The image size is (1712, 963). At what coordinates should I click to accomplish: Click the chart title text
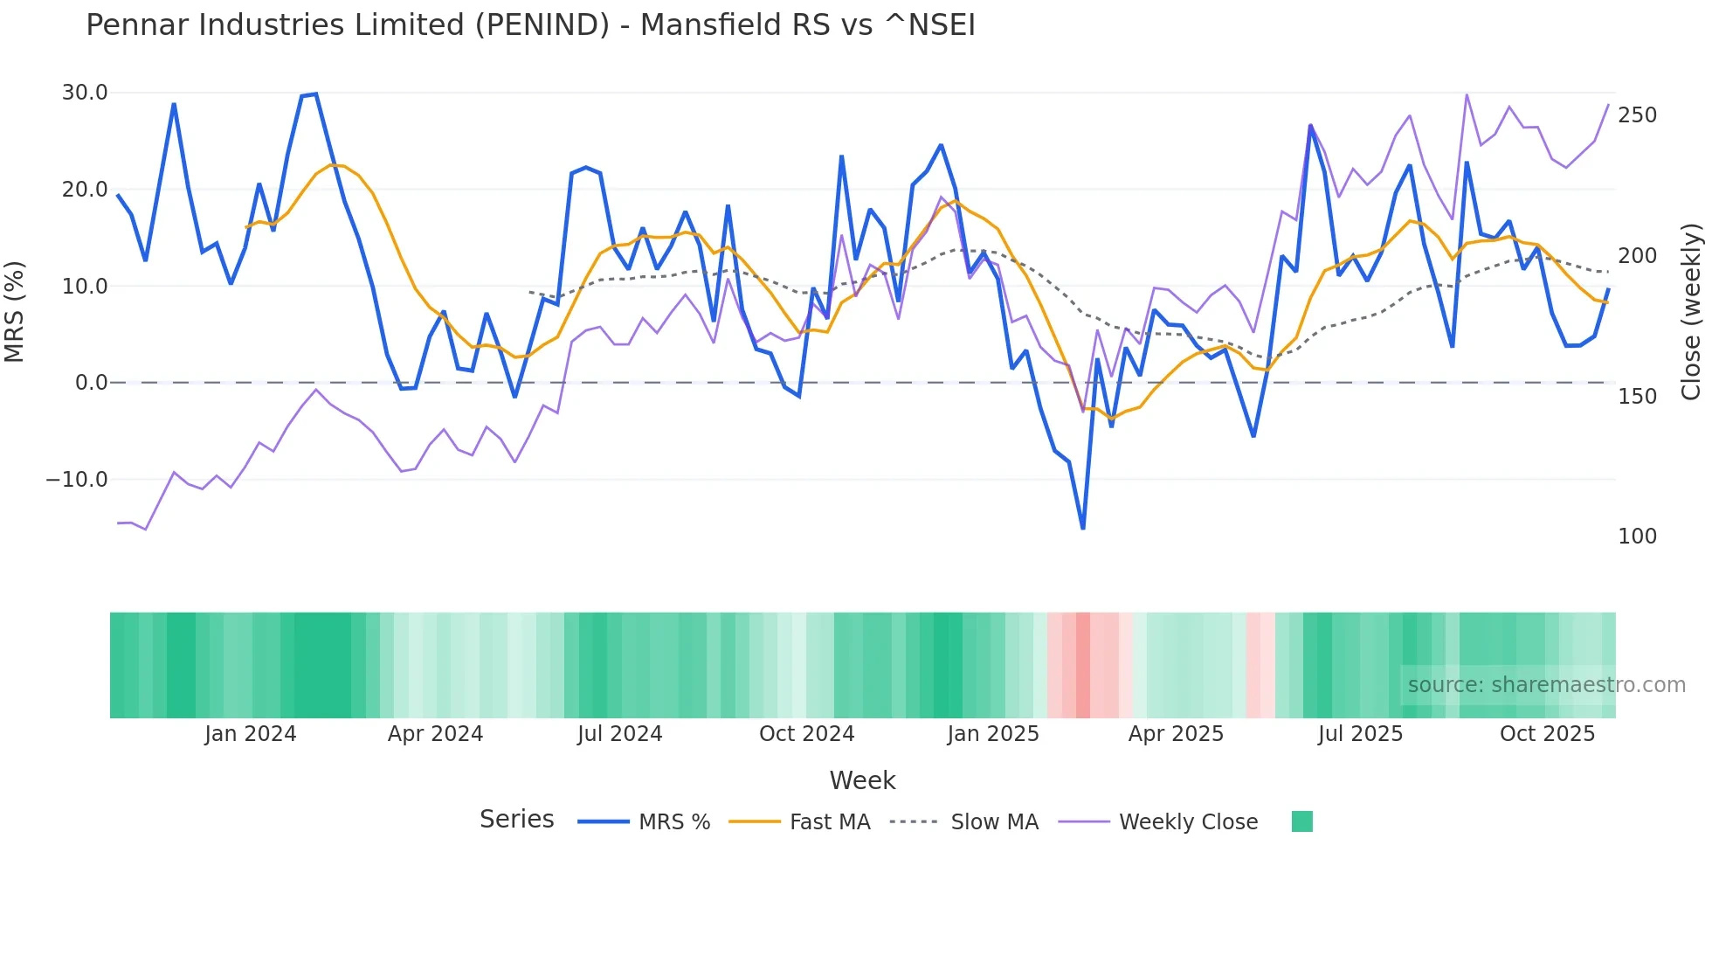coord(530,25)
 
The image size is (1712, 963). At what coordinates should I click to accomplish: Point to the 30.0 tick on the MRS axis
coord(85,93)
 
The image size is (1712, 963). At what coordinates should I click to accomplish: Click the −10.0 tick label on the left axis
coord(77,480)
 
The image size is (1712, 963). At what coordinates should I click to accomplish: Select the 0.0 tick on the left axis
coord(91,383)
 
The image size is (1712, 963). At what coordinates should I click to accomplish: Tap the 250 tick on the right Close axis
coord(1637,115)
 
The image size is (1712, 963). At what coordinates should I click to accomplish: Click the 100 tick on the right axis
coord(1637,537)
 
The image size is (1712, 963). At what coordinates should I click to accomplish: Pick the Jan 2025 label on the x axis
coord(993,734)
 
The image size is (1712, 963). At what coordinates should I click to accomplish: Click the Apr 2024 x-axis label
coord(435,734)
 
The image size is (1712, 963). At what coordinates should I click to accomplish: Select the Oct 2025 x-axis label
coord(1547,734)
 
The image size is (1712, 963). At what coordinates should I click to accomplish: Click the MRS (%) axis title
coord(15,312)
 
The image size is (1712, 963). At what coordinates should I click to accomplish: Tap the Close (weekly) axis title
coord(1691,312)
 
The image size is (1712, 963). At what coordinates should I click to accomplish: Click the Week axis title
coord(862,780)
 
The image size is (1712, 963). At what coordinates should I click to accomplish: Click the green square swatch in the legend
coord(1301,821)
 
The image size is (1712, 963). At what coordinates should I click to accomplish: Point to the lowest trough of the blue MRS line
coord(1083,528)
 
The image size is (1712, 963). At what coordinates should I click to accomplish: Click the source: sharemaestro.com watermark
coord(1546,685)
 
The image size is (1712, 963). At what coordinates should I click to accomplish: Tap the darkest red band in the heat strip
coord(1083,665)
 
